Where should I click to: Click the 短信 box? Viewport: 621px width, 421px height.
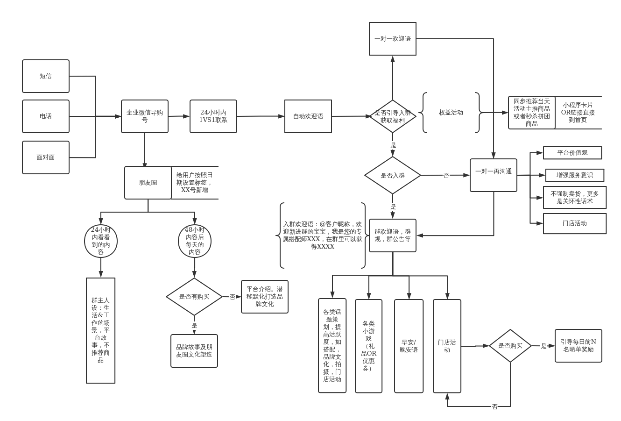[46, 76]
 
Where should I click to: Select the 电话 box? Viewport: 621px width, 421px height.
[46, 116]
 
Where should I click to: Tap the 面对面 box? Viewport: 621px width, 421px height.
[46, 157]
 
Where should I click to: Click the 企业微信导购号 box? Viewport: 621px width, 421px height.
[145, 116]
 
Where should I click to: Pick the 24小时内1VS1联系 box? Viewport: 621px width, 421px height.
[213, 116]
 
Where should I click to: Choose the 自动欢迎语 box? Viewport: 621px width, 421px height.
[308, 116]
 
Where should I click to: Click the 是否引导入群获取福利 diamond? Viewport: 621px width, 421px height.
[393, 116]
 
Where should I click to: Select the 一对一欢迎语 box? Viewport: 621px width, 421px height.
[393, 39]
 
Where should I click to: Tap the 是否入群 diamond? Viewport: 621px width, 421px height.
[393, 175]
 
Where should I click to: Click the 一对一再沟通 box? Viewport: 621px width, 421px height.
[494, 175]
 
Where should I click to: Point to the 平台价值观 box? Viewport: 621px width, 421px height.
[572, 153]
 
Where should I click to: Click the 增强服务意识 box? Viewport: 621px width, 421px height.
[575, 175]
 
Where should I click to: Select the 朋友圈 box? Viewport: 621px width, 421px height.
[148, 183]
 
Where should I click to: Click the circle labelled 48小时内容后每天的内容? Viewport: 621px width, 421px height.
[195, 241]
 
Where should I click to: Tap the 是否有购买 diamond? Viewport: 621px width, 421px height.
[194, 297]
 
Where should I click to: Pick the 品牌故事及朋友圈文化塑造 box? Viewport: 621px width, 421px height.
[194, 351]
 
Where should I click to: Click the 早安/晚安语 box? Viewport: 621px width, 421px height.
[409, 346]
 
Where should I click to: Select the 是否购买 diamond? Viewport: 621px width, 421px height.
[510, 346]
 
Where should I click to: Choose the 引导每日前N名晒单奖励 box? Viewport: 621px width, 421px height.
[579, 346]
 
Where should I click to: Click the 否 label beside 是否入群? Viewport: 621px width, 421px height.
[446, 175]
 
